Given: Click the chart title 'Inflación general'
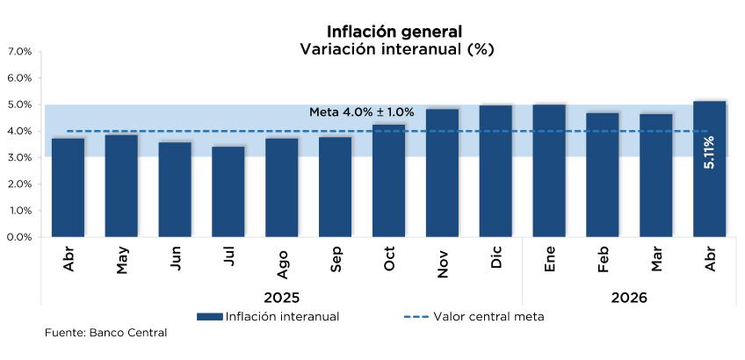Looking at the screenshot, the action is coord(394,32).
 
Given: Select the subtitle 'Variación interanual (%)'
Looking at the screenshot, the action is coord(397,49).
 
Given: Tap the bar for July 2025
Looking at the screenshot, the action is coord(228,191).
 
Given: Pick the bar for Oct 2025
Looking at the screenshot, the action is coord(388,181).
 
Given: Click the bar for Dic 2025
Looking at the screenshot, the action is coord(495,171).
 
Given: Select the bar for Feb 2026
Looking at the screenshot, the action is coord(603,175).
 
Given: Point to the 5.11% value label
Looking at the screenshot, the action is coord(709,153).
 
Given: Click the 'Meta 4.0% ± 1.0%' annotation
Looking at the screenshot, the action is coord(362,112).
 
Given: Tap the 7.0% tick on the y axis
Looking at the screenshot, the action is coord(19,52).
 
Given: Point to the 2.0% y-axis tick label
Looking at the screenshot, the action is coord(19,184).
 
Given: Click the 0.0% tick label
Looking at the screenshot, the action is coord(19,237).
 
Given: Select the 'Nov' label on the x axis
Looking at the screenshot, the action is coord(443,262).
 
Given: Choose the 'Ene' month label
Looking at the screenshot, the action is coord(550,259).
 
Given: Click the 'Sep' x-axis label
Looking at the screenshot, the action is coord(336,259).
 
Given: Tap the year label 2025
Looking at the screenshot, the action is coord(282,298).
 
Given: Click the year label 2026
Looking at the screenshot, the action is coord(629,298).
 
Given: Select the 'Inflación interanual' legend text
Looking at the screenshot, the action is coord(282,317).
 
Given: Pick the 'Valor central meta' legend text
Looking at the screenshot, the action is coord(488,317).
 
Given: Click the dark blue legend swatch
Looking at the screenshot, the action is coord(209,317).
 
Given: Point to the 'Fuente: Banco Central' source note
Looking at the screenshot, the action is coord(106,333).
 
